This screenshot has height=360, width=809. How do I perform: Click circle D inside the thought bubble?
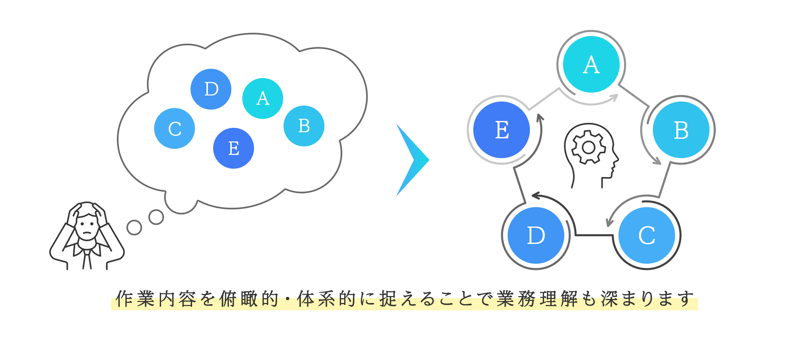211,89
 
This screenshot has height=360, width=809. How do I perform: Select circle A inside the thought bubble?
263,98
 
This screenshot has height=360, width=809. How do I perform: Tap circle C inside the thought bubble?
174,128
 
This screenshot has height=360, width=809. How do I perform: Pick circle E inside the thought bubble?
233,148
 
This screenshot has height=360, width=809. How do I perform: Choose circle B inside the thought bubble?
304,126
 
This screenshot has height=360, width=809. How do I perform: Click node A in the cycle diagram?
591,64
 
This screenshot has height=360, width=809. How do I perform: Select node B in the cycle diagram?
681,130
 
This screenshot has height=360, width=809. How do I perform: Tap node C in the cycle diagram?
647,235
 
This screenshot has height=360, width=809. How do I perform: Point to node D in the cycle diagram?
536,235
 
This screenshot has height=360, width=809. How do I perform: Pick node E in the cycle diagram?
502,130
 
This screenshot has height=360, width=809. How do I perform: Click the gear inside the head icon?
589,147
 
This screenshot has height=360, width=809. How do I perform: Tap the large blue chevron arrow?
413,160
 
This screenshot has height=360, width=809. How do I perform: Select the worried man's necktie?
87,259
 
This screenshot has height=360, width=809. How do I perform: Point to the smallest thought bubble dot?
134,227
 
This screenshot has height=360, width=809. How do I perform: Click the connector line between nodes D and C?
593,235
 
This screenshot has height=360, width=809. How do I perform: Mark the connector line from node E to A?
544,99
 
